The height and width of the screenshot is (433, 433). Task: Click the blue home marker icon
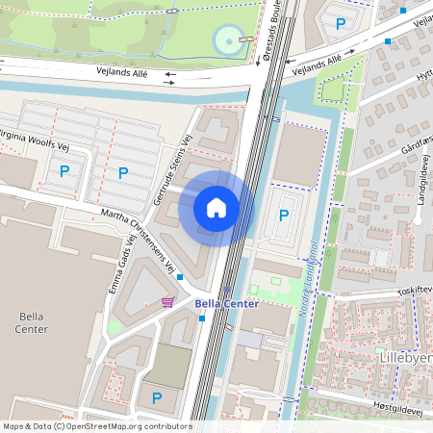(x=216, y=207)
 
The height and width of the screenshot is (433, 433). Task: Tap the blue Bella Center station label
(x=227, y=304)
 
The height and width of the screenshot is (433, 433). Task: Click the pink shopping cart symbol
(x=167, y=302)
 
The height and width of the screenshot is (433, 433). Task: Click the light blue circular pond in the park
(x=225, y=41)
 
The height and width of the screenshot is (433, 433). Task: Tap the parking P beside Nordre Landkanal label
(x=284, y=216)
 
